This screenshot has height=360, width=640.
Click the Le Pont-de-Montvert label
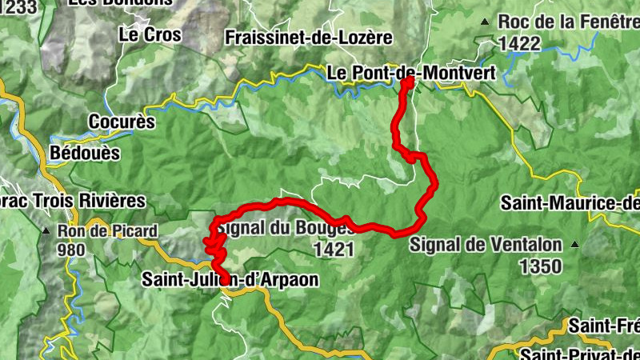[411, 74]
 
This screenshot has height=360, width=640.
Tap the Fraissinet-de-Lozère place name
[309, 38]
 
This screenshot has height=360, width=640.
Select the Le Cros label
[150, 34]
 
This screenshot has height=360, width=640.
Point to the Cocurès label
[122, 122]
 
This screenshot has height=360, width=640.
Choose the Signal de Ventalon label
[486, 244]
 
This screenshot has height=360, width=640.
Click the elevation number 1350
[540, 266]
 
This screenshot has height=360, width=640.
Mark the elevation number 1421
[334, 250]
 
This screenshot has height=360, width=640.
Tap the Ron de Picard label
[108, 232]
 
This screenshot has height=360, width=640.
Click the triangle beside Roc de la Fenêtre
[485, 22]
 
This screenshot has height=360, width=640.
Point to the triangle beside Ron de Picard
[46, 232]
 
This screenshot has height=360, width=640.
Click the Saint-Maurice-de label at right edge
[570, 203]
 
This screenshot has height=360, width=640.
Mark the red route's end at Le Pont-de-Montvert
[408, 81]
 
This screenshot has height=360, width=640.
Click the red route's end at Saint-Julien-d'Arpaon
[226, 279]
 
